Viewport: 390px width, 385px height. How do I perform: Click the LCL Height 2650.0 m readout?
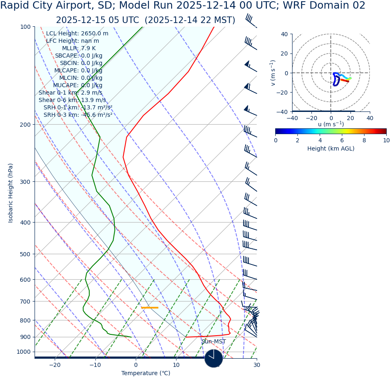coord(77,34)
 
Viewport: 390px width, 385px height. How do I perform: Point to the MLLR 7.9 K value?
coord(79,49)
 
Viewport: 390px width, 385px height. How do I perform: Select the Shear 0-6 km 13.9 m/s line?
coord(72,100)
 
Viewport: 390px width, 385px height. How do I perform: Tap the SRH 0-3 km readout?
coord(78,115)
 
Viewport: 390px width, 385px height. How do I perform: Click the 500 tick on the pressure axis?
coord(26,254)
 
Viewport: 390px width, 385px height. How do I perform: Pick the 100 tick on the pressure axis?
coord(26,27)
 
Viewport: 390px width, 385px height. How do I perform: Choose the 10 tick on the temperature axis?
coord(176,365)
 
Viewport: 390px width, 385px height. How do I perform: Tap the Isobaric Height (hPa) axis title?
coord(11,193)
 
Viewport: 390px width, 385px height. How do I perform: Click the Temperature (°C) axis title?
coord(146,373)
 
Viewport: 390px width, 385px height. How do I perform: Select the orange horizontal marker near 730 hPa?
coord(150,308)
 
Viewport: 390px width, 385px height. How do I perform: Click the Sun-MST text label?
coord(214,342)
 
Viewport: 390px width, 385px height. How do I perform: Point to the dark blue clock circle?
coord(214,358)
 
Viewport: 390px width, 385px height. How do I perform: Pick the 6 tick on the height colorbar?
coord(342,140)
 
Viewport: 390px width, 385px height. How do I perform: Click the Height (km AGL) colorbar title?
coord(331,149)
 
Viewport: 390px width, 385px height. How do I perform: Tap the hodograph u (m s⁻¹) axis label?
coord(331,124)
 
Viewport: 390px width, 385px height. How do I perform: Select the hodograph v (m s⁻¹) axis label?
coord(273,73)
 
